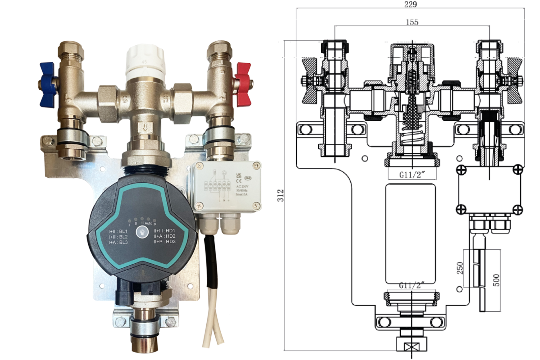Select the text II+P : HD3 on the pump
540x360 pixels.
tap(165, 242)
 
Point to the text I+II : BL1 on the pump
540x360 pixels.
tap(118, 232)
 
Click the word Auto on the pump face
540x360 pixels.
tap(148, 223)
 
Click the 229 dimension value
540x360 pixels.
tap(410, 4)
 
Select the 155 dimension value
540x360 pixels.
tap(412, 22)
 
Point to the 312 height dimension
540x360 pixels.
tap(280, 195)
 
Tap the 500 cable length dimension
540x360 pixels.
tap(496, 280)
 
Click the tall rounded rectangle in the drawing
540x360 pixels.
tap(410, 233)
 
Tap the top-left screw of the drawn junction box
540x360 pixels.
tap(461, 170)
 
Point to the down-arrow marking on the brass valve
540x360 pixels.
tap(145, 127)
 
